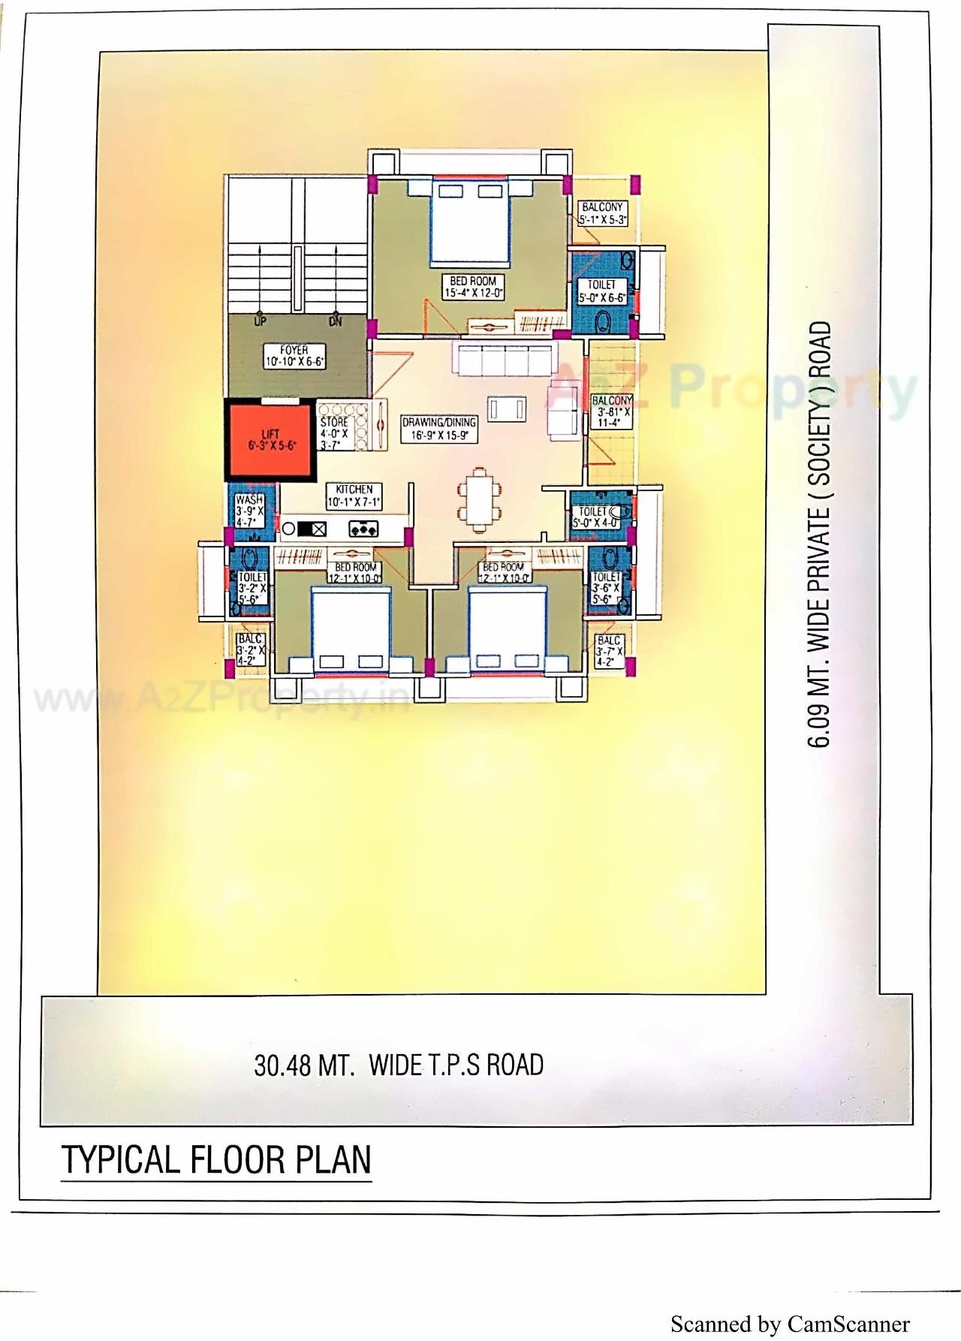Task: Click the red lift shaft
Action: tap(270, 440)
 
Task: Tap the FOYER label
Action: tap(294, 356)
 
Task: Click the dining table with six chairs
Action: tap(477, 497)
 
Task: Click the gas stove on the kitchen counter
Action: tap(363, 529)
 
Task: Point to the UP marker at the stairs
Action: tap(260, 321)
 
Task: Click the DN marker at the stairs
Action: tap(335, 321)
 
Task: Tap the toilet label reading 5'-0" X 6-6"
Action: tap(601, 291)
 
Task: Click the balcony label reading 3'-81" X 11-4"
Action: tap(612, 411)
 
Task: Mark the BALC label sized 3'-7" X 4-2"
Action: tap(609, 651)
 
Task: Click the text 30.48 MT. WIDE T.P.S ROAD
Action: tap(399, 1065)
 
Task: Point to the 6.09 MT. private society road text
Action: tap(821, 534)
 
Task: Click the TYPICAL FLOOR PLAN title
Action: tap(216, 1159)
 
